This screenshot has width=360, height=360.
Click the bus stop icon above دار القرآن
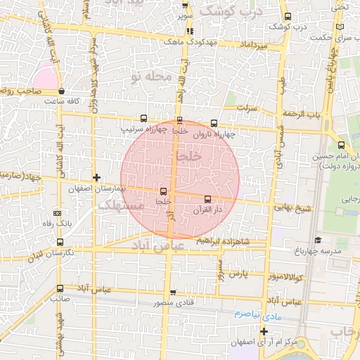tap(207, 199)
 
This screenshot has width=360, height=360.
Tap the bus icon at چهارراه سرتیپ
tap(144, 118)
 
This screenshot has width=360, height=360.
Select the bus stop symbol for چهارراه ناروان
tap(214, 123)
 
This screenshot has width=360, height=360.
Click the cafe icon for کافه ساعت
tap(62, 91)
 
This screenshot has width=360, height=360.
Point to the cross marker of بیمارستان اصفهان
tap(96, 177)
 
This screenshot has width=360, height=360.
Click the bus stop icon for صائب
tap(59, 288)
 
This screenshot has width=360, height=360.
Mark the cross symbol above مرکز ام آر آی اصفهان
tap(264, 331)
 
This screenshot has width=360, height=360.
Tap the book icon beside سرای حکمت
tap(341, 27)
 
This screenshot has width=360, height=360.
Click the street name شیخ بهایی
tap(292, 207)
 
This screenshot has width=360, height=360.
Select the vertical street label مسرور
tap(219, 270)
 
